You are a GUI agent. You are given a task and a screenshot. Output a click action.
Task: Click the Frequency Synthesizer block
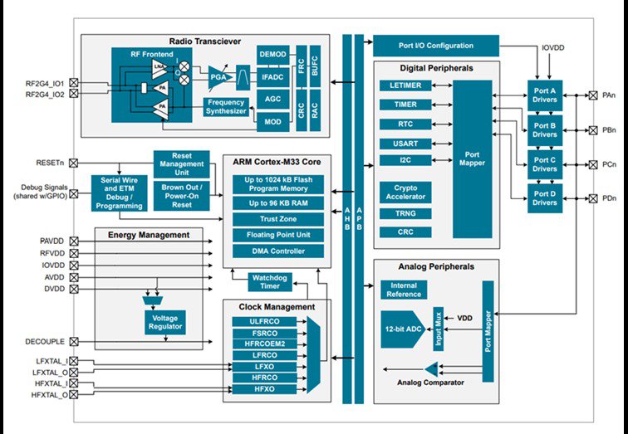(226, 106)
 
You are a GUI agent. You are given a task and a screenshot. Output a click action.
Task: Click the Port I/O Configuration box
(435, 46)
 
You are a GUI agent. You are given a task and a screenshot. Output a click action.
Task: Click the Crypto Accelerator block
(405, 192)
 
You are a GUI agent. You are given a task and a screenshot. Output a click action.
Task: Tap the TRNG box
(405, 213)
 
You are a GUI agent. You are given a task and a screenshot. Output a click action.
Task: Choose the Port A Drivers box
(545, 95)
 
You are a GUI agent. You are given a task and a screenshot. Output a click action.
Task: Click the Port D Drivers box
(545, 198)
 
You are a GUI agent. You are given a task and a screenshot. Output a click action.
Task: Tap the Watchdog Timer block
(270, 281)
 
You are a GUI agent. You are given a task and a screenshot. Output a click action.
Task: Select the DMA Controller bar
(277, 251)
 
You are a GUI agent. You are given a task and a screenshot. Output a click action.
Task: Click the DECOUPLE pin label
(46, 341)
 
